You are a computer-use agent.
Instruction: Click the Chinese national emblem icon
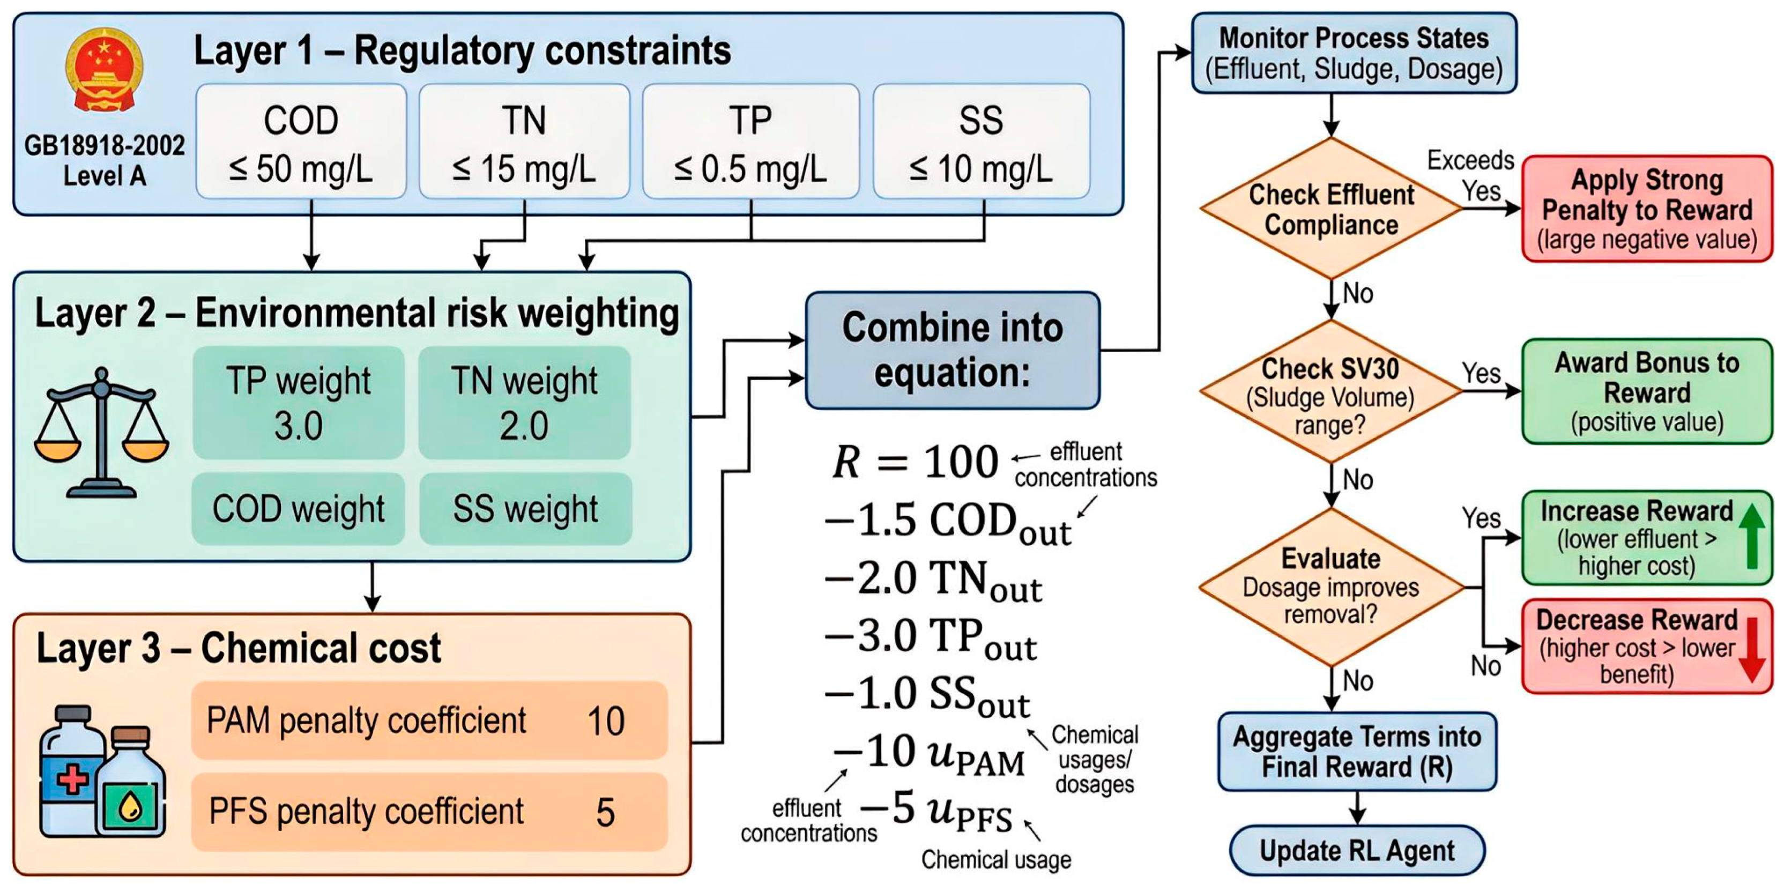click(x=104, y=70)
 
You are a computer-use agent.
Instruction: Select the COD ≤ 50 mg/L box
click(x=301, y=142)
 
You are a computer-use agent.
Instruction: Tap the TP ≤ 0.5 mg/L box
click(x=750, y=142)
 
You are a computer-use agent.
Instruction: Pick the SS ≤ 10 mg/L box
click(x=982, y=142)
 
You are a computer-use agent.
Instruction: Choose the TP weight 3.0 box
click(x=299, y=403)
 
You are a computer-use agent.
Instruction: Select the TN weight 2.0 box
click(x=524, y=403)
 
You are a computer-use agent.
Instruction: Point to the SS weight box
click(x=526, y=509)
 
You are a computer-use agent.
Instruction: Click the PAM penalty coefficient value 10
click(x=606, y=721)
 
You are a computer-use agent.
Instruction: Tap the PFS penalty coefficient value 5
click(x=605, y=812)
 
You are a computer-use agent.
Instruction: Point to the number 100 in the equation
click(x=961, y=462)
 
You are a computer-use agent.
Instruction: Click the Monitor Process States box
click(x=1354, y=53)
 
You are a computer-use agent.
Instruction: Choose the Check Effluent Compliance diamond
click(x=1331, y=209)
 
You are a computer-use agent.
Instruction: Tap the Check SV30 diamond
click(x=1331, y=391)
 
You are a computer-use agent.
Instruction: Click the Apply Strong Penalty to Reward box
click(x=1647, y=209)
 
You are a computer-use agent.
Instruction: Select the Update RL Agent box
click(x=1357, y=850)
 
